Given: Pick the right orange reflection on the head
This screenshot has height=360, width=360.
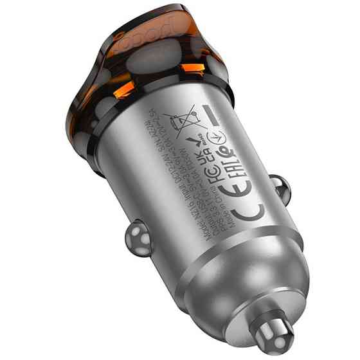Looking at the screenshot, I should click(x=191, y=67).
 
